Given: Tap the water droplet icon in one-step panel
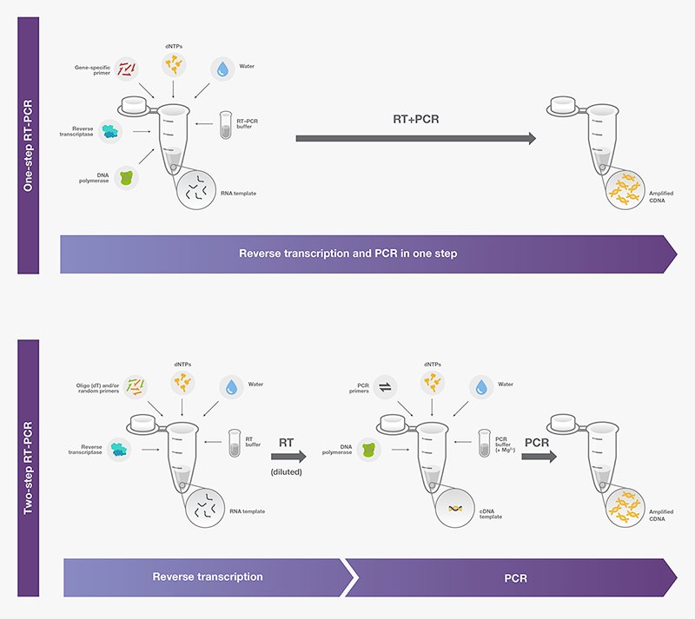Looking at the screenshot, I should tap(223, 69).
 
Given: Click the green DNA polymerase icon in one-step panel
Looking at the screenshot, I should tap(128, 178).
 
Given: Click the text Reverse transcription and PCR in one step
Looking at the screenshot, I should tap(347, 254).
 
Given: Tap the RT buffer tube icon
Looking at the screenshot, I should tap(233, 444).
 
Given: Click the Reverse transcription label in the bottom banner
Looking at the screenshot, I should tap(208, 576).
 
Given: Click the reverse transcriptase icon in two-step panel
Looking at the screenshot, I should tap(121, 447).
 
